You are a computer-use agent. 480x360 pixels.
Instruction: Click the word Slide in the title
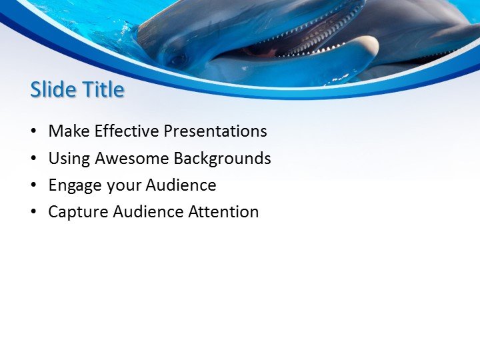point(53,89)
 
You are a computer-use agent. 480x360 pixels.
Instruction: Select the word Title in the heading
point(101,89)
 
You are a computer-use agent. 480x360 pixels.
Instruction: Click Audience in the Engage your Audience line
point(181,185)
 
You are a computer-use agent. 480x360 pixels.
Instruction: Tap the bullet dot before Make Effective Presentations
point(33,132)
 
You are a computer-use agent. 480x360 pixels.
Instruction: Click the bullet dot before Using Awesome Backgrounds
point(33,159)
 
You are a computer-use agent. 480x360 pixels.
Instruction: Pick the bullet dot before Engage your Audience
point(33,186)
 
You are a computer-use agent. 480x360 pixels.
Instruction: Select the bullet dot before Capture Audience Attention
point(33,213)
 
